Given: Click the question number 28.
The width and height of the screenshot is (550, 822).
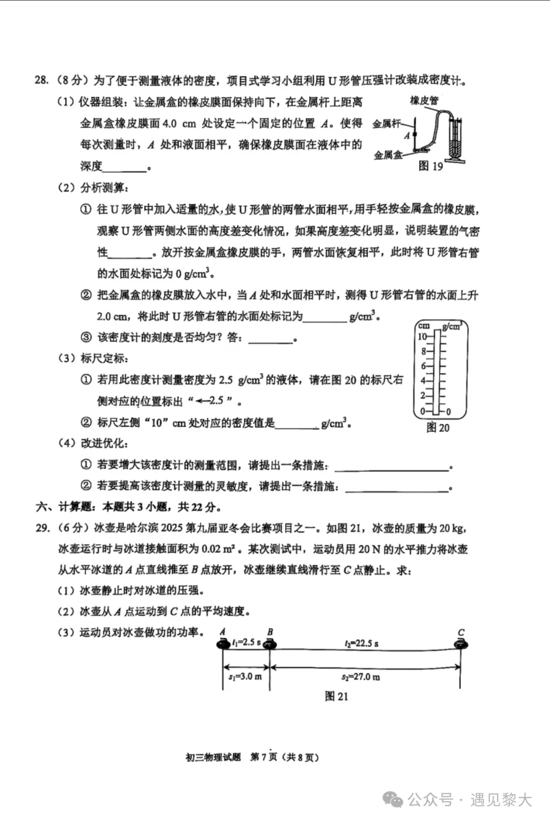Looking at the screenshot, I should (41, 80).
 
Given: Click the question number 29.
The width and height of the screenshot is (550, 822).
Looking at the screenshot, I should (42, 528).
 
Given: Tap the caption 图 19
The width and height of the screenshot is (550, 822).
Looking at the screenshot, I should (430, 166).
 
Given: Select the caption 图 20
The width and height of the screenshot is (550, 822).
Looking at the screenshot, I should (437, 428).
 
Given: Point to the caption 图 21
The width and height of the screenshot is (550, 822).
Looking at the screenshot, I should (336, 696).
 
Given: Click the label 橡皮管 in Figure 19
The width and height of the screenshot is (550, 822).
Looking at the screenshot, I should (424, 101).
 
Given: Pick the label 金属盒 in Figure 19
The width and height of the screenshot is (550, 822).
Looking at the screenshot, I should (387, 155).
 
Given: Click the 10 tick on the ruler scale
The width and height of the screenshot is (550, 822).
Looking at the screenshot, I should (423, 337).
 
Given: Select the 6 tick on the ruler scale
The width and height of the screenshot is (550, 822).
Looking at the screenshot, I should (423, 366).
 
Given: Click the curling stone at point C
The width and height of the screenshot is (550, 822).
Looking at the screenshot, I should (460, 645).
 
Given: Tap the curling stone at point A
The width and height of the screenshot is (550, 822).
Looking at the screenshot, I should (223, 645).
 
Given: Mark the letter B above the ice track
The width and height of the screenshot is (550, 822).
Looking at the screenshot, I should (270, 632).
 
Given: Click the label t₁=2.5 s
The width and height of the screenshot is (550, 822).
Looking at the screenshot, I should (246, 643).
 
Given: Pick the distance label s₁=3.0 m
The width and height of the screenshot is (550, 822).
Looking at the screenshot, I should (245, 677).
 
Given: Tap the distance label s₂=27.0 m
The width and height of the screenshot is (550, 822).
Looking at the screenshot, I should (361, 677).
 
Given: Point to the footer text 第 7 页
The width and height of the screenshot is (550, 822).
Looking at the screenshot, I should (263, 757).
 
